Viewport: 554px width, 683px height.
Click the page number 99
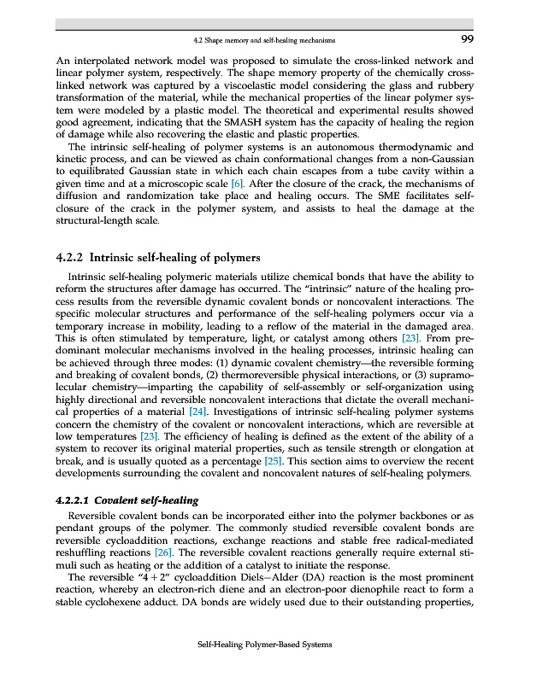pos(468,39)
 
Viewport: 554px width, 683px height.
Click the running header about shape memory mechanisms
pos(263,40)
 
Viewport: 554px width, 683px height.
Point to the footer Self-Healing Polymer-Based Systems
pos(264,644)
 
